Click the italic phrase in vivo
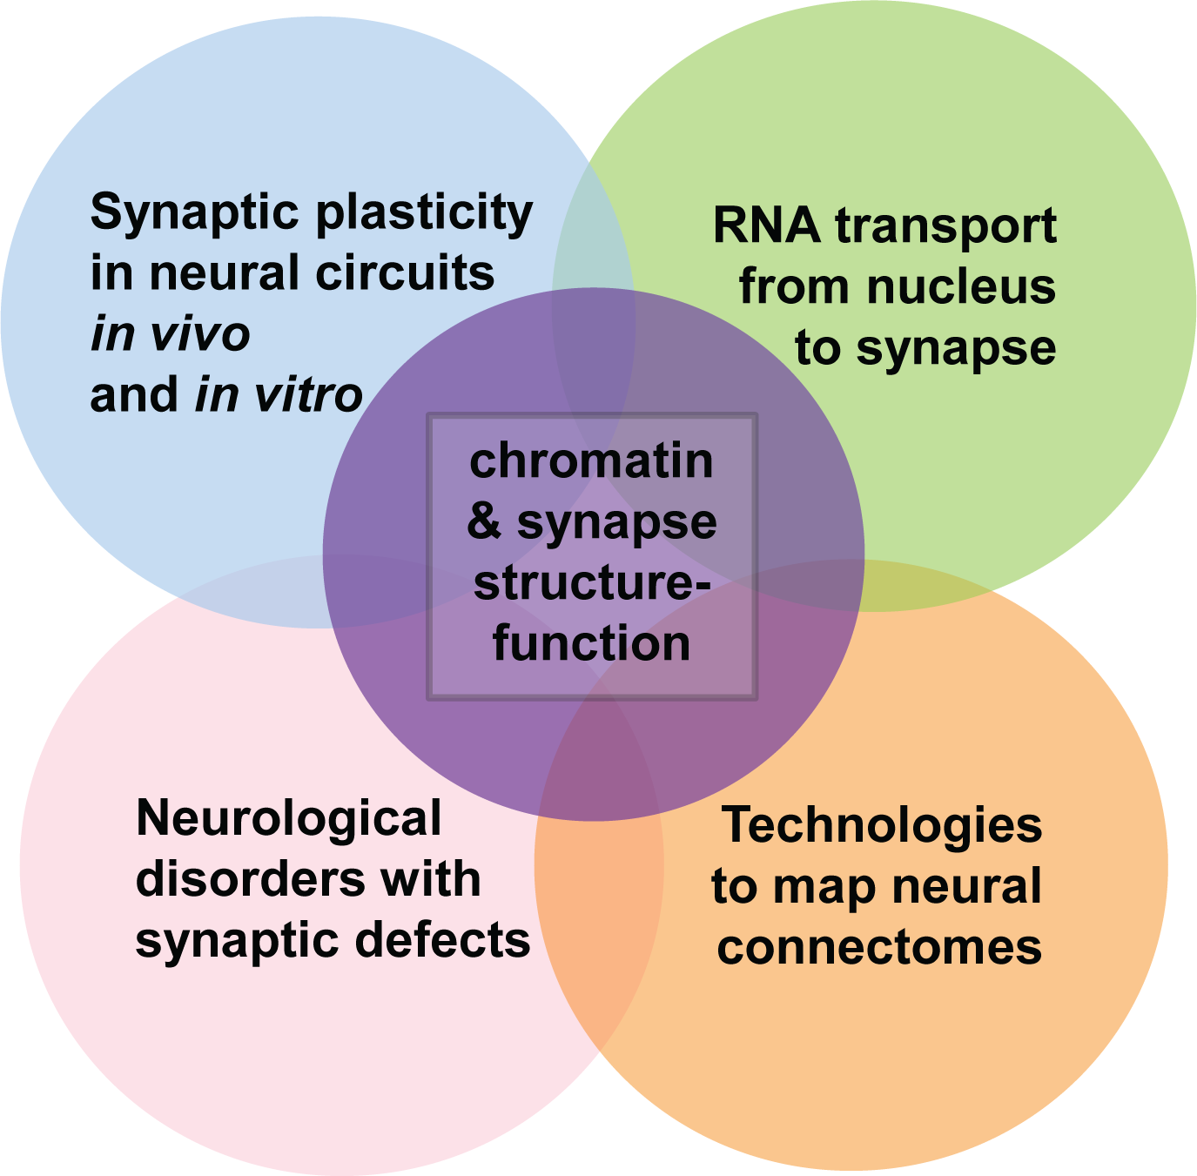pyautogui.click(x=171, y=334)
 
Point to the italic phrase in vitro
pyautogui.click(x=279, y=395)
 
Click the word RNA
pyautogui.click(x=766, y=226)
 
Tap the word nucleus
pyautogui.click(x=961, y=287)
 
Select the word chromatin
pyautogui.click(x=591, y=461)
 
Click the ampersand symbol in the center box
pyautogui.click(x=484, y=522)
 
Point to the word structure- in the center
pyautogui.click(x=591, y=583)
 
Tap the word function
pyautogui.click(x=591, y=644)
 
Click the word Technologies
pyautogui.click(x=881, y=825)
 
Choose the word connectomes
pyautogui.click(x=879, y=947)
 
